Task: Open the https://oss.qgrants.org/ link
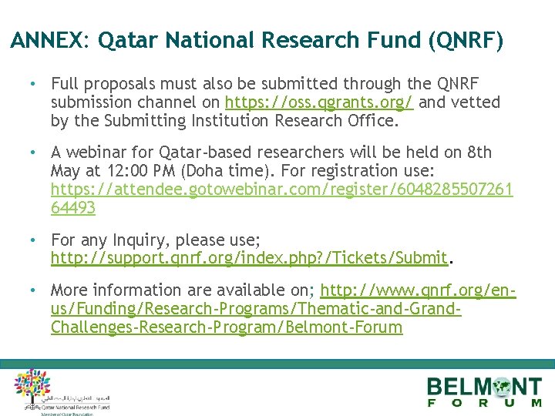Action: point(318,102)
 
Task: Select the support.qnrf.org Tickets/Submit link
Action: point(249,258)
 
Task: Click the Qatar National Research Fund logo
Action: point(58,391)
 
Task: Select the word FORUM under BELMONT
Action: point(485,403)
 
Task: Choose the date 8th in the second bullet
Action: point(478,153)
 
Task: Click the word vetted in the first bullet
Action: point(475,102)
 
